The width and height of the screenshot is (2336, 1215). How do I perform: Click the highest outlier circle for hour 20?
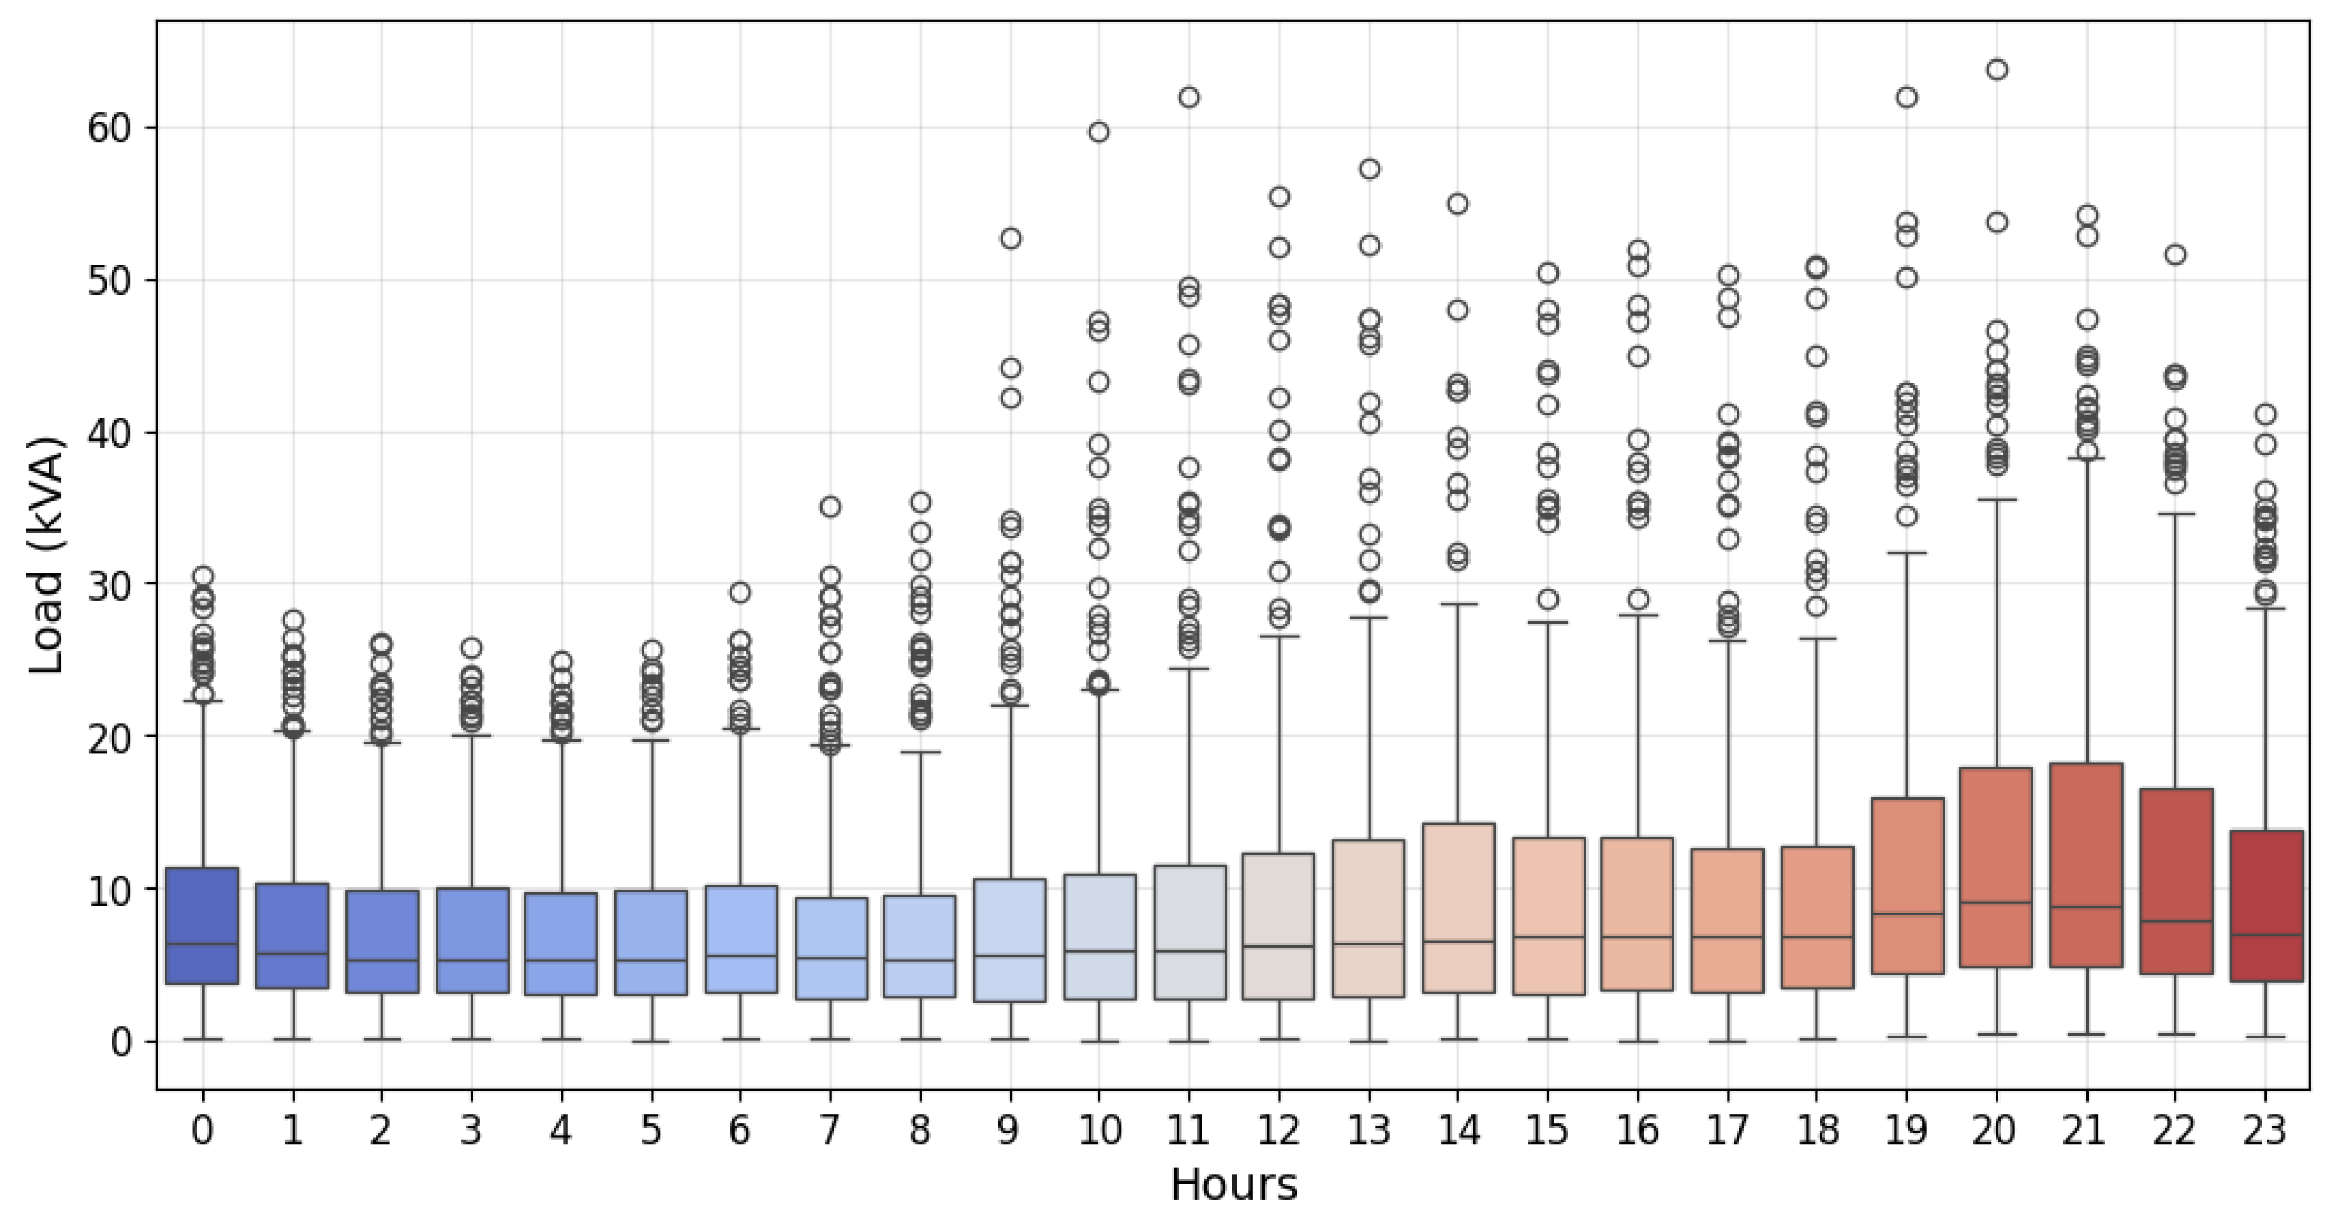(x=1996, y=70)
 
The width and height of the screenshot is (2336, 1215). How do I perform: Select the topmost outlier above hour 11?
(x=1189, y=97)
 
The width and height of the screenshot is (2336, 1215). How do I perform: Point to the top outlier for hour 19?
(x=1907, y=98)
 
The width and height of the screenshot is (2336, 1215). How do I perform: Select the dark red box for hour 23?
(x=2265, y=905)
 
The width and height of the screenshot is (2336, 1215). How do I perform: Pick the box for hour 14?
(x=1458, y=907)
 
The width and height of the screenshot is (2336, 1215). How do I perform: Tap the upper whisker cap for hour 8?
(x=921, y=752)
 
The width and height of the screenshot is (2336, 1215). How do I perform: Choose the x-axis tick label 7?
(x=830, y=1131)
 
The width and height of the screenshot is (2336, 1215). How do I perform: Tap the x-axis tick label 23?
(x=2264, y=1131)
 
